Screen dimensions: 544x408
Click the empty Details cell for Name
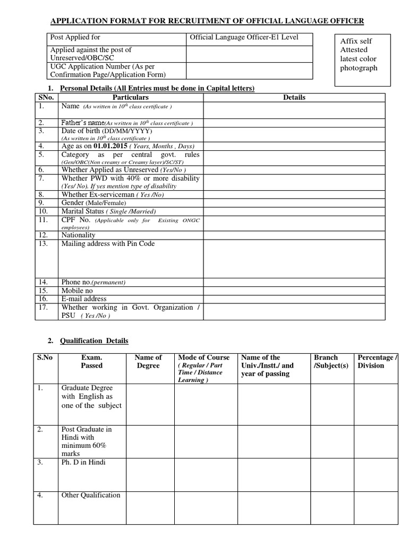(294, 110)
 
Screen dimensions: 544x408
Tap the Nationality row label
(79, 235)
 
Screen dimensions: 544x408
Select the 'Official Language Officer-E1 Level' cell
(249, 38)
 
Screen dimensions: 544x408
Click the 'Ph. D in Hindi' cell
(83, 462)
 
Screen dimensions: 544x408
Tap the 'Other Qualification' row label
(91, 495)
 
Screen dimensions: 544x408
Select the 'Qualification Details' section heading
(94, 341)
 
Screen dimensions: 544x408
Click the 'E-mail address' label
(84, 299)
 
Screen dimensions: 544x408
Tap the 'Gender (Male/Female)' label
(93, 203)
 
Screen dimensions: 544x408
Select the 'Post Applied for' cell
(75, 38)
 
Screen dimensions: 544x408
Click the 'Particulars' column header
(131, 97)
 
